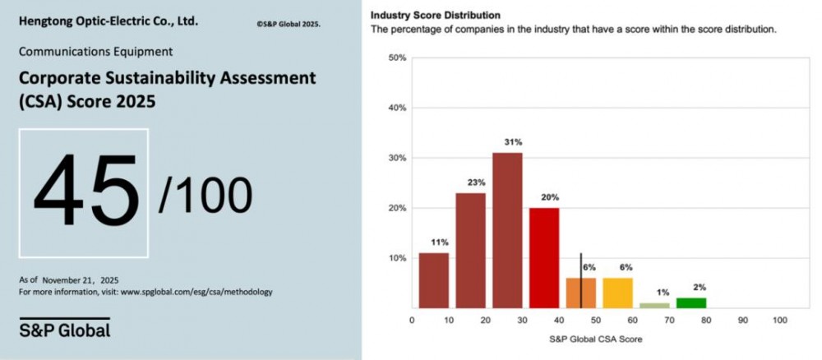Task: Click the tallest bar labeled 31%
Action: pyautogui.click(x=508, y=230)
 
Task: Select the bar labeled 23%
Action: pyautogui.click(x=470, y=250)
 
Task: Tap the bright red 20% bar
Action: pyautogui.click(x=544, y=257)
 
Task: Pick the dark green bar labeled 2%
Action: pyautogui.click(x=691, y=302)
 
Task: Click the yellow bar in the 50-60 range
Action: pyautogui.click(x=618, y=293)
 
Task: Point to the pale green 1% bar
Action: pyautogui.click(x=655, y=305)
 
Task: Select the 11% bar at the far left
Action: pyautogui.click(x=434, y=280)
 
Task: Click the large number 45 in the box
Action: pyautogui.click(x=85, y=192)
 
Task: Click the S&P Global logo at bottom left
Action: pyautogui.click(x=64, y=330)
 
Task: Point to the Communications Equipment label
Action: pyautogui.click(x=95, y=51)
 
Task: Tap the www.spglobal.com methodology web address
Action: pyautogui.click(x=196, y=292)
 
